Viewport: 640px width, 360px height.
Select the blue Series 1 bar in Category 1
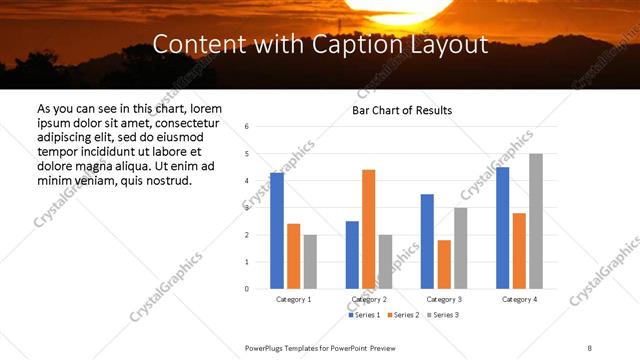(x=277, y=231)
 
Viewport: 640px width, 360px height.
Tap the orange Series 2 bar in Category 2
(x=369, y=229)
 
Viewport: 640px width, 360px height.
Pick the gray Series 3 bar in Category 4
(x=536, y=221)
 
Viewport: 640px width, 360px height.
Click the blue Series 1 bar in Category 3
(x=427, y=241)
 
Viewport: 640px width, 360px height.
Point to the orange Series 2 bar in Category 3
(x=444, y=264)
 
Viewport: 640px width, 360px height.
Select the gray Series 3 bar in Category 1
(x=310, y=262)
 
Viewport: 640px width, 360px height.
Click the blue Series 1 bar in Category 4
(x=503, y=228)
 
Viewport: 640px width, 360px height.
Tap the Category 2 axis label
(x=369, y=299)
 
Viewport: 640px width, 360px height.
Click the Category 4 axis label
(x=519, y=299)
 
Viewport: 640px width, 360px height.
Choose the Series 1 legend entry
(x=364, y=315)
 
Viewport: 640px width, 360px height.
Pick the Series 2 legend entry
(x=403, y=315)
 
